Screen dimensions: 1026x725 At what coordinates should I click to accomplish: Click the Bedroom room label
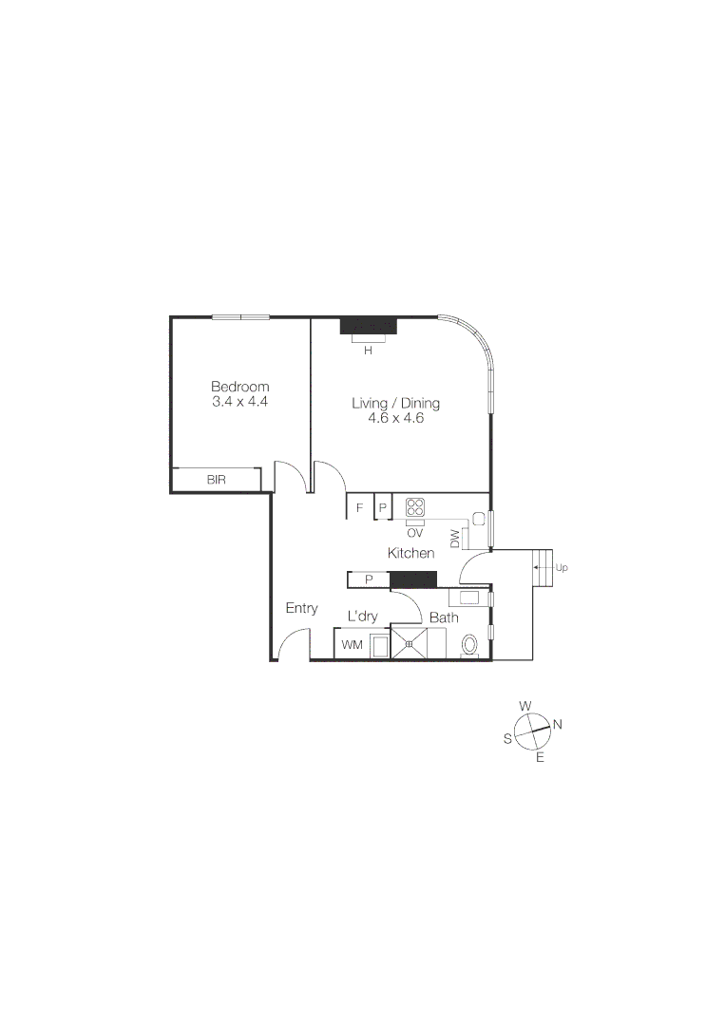coord(239,387)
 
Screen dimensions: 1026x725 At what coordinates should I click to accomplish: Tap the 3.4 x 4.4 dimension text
coord(239,402)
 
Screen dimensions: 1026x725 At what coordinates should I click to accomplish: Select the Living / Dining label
coord(395,403)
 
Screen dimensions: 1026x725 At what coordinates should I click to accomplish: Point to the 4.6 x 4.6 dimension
coord(395,417)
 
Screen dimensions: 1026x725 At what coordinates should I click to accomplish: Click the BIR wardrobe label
coord(217,480)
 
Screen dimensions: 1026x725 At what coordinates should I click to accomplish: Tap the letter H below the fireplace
coord(367,351)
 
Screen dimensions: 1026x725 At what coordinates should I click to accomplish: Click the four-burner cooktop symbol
coord(416,507)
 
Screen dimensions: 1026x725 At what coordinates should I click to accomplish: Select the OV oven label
coord(415,533)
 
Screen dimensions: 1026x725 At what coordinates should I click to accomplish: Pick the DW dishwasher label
coord(456,539)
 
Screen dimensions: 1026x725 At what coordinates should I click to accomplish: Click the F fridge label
coord(359,508)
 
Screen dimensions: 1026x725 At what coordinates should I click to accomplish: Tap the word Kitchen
coord(410,553)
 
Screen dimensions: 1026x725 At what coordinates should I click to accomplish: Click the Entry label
coord(301,609)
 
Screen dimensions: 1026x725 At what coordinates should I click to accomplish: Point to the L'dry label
coord(362,617)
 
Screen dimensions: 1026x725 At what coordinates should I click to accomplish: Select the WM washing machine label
coord(352,646)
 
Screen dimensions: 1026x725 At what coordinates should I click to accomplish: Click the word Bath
coord(444,617)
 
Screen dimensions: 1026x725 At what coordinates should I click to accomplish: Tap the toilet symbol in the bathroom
coord(469,645)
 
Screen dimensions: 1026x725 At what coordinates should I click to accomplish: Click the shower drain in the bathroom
coord(410,643)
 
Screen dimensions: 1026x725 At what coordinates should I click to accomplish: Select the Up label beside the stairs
coord(561,568)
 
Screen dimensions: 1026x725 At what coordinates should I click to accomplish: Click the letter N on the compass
coord(558,725)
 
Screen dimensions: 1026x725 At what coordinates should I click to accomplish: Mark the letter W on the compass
coord(525,706)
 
